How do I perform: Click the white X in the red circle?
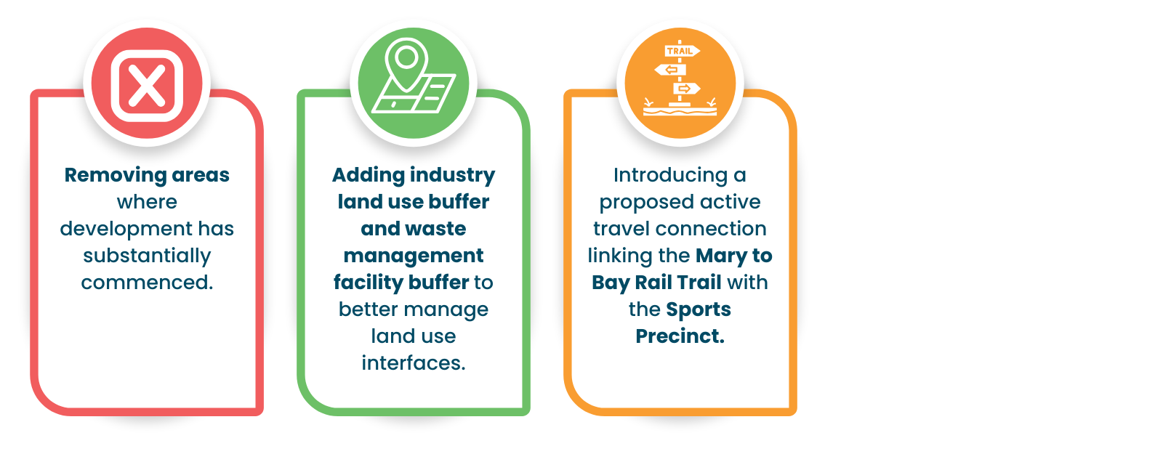tap(147, 85)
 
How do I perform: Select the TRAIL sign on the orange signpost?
tap(682, 51)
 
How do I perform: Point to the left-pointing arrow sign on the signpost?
tap(670, 70)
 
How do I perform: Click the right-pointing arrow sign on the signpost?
tap(686, 88)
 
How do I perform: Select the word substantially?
tap(147, 256)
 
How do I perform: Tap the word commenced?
tap(147, 283)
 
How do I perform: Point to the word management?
tap(414, 256)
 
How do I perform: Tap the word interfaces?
tap(414, 363)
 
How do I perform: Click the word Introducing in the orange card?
tap(671, 175)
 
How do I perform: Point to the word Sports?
tap(699, 309)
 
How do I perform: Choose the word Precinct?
tap(680, 336)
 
